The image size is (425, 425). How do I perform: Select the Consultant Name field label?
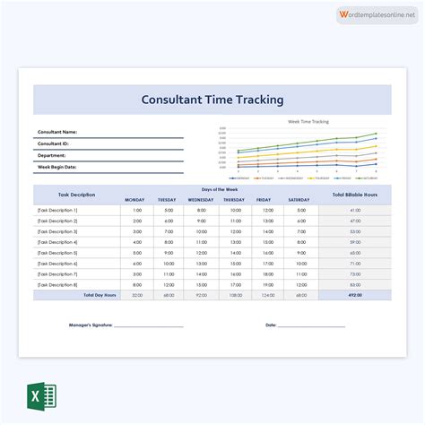(x=57, y=132)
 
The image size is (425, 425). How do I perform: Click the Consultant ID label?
(x=53, y=143)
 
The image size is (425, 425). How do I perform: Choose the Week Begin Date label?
(x=56, y=167)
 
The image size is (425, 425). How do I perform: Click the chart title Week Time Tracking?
(x=308, y=120)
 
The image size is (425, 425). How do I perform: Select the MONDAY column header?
(x=134, y=200)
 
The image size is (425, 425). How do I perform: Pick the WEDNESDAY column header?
(x=199, y=200)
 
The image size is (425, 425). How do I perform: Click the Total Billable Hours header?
(x=355, y=195)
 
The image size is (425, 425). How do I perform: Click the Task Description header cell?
(x=77, y=195)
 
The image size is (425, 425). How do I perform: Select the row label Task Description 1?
(x=57, y=210)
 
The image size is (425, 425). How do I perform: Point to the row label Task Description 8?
(x=57, y=284)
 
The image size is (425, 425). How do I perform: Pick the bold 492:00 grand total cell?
(x=355, y=295)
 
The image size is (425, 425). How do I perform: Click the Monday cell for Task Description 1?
(x=136, y=210)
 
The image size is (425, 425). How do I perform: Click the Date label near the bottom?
(x=271, y=325)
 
